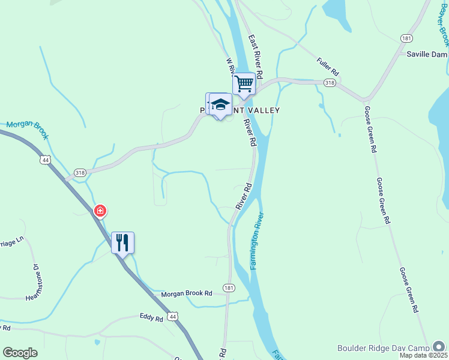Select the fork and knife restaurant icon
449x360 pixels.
[x=122, y=242]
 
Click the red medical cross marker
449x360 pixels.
[x=100, y=211]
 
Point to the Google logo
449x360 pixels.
[x=20, y=353]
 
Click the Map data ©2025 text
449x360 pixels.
[x=424, y=355]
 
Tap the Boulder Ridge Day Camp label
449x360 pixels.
[x=383, y=347]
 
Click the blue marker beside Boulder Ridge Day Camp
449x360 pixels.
[x=439, y=346]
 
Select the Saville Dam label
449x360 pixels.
[x=427, y=54]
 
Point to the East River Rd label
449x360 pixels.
[x=256, y=57]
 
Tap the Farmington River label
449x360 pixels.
[x=256, y=240]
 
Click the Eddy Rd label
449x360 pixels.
[x=151, y=319]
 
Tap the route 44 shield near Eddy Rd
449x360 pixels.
[x=173, y=316]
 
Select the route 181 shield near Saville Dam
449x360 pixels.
[x=407, y=38]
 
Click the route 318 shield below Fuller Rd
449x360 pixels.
[x=329, y=82]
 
